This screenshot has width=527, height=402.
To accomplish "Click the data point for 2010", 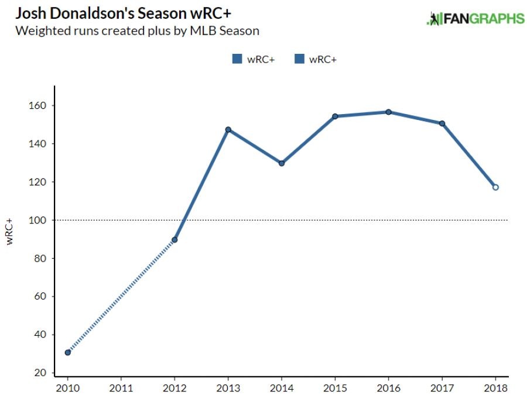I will (68, 352).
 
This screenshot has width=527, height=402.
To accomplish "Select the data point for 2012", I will (174, 240).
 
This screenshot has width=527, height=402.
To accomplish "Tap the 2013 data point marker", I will (228, 129).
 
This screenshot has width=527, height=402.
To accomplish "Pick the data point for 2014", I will (282, 163).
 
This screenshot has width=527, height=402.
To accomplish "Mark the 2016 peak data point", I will (388, 112).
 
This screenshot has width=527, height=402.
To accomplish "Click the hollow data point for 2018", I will (495, 187).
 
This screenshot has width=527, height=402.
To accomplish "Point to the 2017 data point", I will (442, 123).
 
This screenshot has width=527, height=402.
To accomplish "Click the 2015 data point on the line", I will (335, 116).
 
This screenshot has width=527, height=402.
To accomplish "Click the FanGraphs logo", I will (475, 18).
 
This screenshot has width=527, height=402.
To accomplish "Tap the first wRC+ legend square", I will (237, 59).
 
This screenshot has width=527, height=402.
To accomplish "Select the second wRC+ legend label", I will (323, 59).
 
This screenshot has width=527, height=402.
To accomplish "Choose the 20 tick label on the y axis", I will (41, 373).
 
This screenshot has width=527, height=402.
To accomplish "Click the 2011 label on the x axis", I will (121, 388).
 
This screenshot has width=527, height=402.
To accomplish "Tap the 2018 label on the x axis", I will (495, 388).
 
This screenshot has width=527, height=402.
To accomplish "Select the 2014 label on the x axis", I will (281, 388).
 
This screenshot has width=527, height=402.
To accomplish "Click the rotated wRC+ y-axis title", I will (11, 231).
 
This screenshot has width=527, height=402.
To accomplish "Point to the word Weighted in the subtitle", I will (40, 30).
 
